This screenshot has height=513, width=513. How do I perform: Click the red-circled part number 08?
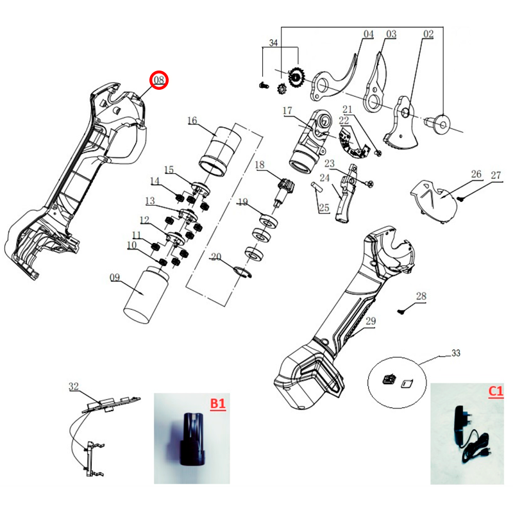[x=158, y=80]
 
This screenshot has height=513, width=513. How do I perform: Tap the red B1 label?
[x=218, y=403]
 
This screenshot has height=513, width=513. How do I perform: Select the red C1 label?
[x=496, y=392]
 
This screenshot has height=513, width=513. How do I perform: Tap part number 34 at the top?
[x=274, y=43]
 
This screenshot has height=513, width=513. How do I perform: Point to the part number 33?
[x=456, y=353]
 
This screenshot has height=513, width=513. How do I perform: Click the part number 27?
[x=496, y=174]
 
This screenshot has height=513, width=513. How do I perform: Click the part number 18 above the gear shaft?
[x=260, y=165]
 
